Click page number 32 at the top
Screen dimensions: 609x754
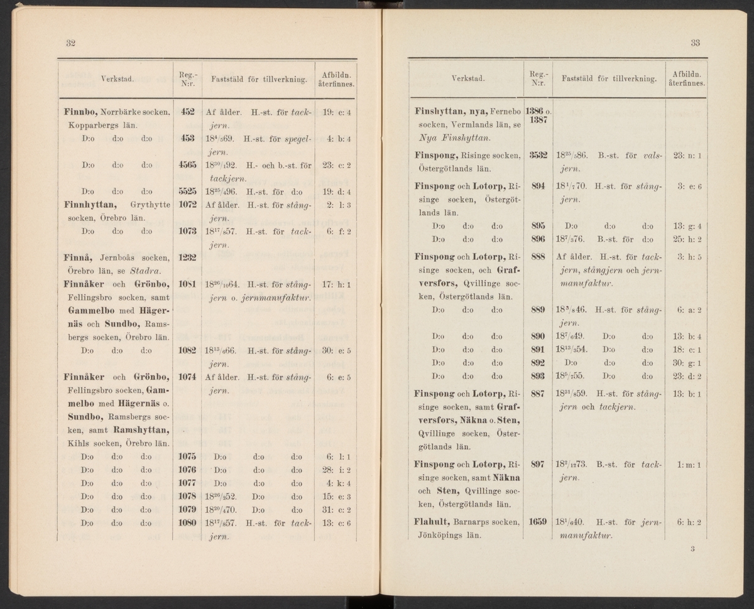coord(71,43)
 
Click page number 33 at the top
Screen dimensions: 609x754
coord(695,43)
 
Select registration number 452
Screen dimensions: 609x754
coord(187,112)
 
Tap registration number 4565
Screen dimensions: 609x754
coord(187,165)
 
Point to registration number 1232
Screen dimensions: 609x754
coord(187,257)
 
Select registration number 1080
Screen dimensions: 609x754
coord(187,522)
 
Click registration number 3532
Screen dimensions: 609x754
coord(540,155)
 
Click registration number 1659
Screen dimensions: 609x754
coord(540,521)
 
